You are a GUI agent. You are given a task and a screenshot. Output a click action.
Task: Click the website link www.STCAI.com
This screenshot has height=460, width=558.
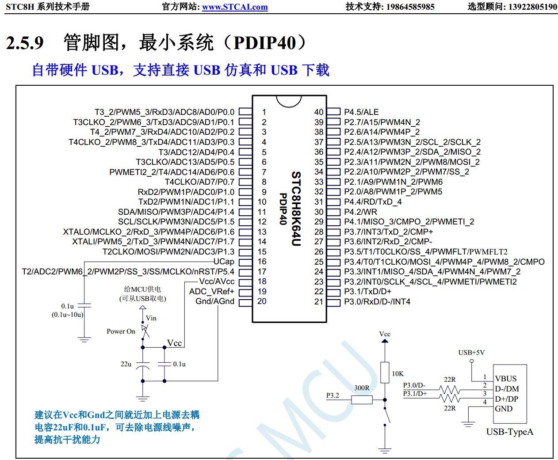coord(235,7)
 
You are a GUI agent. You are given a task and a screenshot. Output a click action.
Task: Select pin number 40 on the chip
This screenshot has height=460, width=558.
coord(319,112)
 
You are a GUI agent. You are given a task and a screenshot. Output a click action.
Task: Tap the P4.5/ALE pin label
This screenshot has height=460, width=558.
coord(361,112)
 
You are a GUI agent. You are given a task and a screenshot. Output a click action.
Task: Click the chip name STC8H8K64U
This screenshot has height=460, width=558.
coord(296,209)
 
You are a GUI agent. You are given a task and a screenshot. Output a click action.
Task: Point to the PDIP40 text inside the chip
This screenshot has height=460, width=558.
coord(283,209)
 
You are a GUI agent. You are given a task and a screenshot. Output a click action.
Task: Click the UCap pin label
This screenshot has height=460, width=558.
coord(224,262)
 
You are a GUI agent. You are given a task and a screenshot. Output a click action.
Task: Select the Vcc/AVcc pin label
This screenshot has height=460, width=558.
coord(217,281)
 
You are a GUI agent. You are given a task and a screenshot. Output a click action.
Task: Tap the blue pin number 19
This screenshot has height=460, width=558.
coord(262,292)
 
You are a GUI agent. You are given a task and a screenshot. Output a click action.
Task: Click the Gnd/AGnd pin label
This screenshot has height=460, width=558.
coord(215,301)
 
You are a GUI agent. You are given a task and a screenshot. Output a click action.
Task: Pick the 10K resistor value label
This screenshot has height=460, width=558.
coord(397,374)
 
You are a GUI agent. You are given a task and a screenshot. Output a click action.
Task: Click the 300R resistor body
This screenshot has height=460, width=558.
coord(362,400)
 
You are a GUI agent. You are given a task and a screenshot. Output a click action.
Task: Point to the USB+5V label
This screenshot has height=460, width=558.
coord(471,353)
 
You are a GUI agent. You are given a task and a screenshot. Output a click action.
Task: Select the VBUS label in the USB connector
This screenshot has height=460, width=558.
coord(506,379)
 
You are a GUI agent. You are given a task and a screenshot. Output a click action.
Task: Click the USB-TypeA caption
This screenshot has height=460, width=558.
coord(509,432)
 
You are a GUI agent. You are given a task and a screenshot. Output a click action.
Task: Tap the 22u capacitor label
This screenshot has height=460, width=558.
coord(126,364)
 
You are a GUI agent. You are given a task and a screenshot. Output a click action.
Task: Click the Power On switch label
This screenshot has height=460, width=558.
coord(121,331)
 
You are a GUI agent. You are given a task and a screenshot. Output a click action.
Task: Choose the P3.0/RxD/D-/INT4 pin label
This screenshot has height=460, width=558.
coord(377,302)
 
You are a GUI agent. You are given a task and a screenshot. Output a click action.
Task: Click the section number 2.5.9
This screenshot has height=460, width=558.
coord(25,43)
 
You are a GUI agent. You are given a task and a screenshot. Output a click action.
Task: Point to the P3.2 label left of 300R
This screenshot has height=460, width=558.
coord(333,395)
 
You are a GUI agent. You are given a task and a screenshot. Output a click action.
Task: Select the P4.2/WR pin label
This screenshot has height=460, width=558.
coord(360,212)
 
